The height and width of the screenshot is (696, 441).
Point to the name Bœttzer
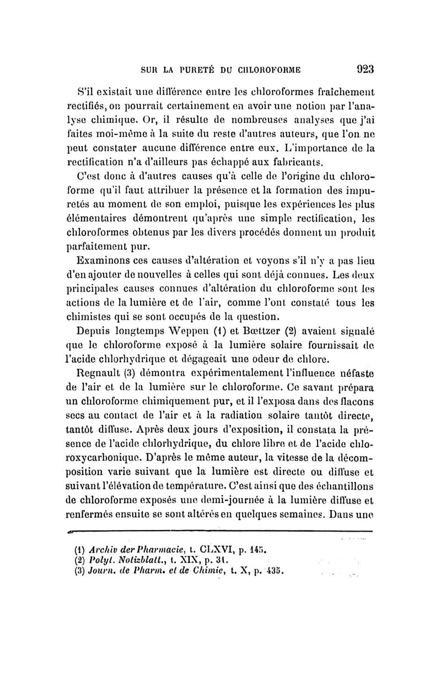(244, 331)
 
